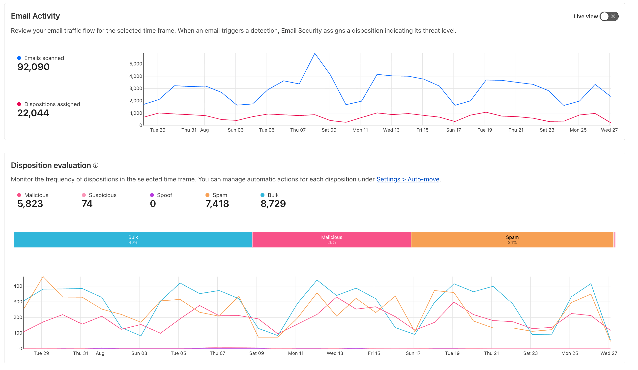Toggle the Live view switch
(x=609, y=16)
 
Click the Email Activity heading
(x=35, y=16)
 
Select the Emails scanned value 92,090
(x=33, y=67)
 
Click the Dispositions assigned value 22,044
(x=33, y=113)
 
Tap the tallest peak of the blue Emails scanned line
(x=315, y=53)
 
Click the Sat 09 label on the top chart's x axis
(x=329, y=130)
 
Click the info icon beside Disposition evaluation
(x=96, y=166)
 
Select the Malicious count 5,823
(x=30, y=204)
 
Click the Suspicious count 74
(x=87, y=204)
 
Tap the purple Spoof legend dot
(x=152, y=195)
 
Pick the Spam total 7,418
(x=217, y=204)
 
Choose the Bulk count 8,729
(x=273, y=204)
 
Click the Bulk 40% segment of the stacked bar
(x=133, y=240)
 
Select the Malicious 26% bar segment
(x=332, y=240)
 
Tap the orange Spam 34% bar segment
(x=512, y=240)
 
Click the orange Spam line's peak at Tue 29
(x=43, y=277)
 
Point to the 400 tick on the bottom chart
(x=18, y=286)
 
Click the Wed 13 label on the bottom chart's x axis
(x=335, y=354)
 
